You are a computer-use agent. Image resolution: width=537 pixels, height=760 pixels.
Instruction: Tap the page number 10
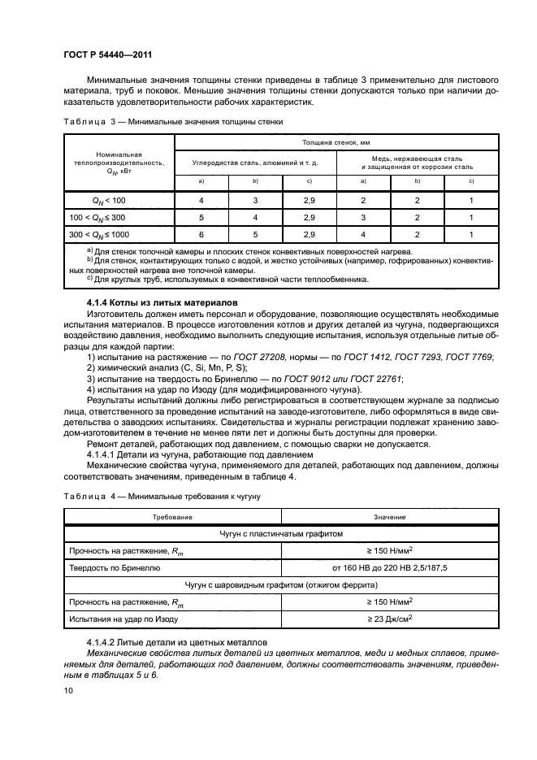click(68, 689)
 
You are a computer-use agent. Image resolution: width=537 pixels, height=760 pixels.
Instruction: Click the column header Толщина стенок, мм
click(336, 141)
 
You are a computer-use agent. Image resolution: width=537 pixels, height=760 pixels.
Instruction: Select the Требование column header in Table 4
click(172, 517)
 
